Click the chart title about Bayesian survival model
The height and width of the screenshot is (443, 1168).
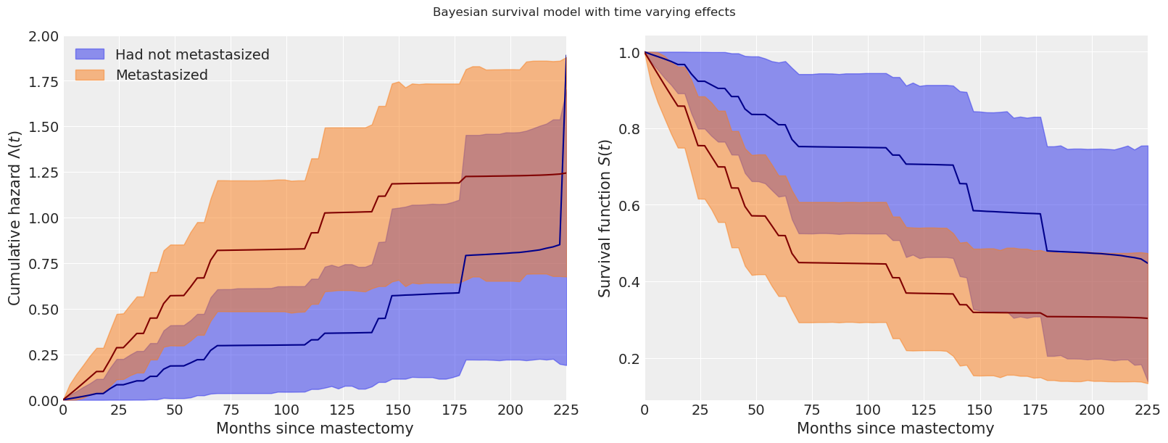coord(584,12)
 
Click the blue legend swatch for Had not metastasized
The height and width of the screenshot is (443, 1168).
coord(90,54)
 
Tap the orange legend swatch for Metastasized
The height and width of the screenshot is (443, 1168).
coord(90,75)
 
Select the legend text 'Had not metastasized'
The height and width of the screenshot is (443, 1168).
coord(192,54)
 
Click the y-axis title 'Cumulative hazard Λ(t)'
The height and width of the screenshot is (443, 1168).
coord(14,218)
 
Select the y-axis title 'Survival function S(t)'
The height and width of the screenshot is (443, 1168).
coord(605,218)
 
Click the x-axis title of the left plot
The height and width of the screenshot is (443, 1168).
coord(315,428)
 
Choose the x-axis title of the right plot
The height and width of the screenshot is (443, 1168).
coord(895,428)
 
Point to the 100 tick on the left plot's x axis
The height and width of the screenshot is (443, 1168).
coord(286,410)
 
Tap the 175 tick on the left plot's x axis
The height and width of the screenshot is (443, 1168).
coord(465,410)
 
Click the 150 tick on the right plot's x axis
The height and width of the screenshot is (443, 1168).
coord(979,410)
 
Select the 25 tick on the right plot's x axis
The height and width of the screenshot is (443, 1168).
coord(700,410)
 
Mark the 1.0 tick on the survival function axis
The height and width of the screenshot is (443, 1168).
coord(629,53)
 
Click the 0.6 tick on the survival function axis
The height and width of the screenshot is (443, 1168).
coord(629,205)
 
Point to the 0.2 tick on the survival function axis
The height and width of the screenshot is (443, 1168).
coord(629,359)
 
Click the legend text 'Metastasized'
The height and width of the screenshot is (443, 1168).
coord(162,75)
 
